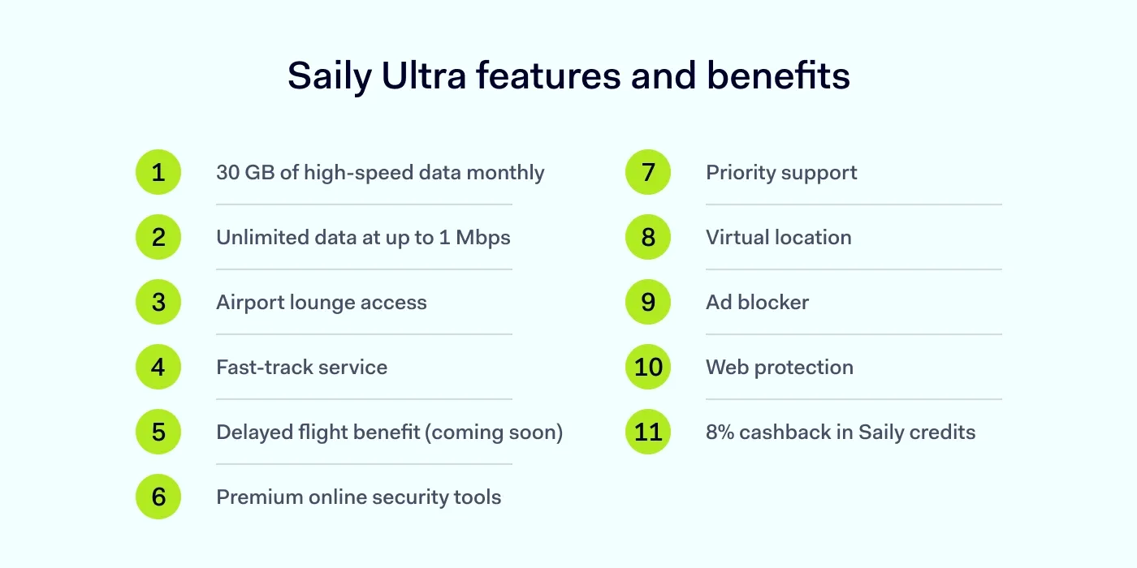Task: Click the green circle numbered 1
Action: [158, 172]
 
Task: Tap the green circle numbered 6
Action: [158, 497]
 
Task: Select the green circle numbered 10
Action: [648, 367]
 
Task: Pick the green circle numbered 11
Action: [648, 432]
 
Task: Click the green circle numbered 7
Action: [648, 172]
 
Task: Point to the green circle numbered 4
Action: [158, 367]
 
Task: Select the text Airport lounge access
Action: [321, 303]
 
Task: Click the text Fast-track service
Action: [301, 368]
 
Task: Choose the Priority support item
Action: [781, 173]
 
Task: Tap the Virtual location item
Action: [778, 238]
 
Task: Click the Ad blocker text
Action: [757, 303]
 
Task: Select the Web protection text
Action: [779, 368]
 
